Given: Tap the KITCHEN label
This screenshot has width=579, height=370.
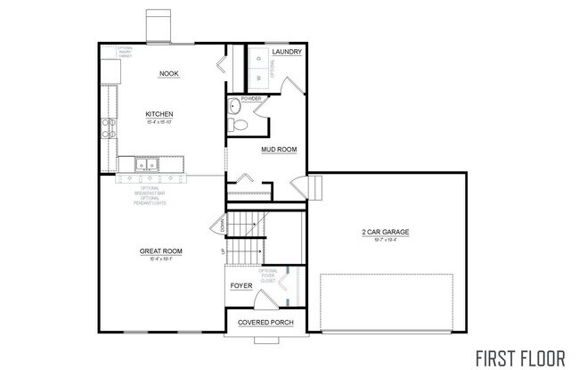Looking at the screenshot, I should (159, 114).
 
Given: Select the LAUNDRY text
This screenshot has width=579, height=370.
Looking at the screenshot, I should (288, 53).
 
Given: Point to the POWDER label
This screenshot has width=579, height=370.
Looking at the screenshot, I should (239, 98).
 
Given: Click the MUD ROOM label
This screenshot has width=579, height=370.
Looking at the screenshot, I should (279, 150).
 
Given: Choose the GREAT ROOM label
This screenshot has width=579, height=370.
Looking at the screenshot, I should (160, 251).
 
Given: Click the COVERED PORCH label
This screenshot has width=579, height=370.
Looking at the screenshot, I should (265, 322).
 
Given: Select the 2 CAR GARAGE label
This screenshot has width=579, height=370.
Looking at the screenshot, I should (386, 233).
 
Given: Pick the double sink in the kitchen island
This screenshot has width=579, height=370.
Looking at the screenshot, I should (148, 164).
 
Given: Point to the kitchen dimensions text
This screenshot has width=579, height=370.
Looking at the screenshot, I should (159, 122).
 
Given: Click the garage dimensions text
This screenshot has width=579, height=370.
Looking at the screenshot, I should (386, 241).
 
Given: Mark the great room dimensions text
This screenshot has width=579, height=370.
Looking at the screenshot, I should (160, 259).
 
